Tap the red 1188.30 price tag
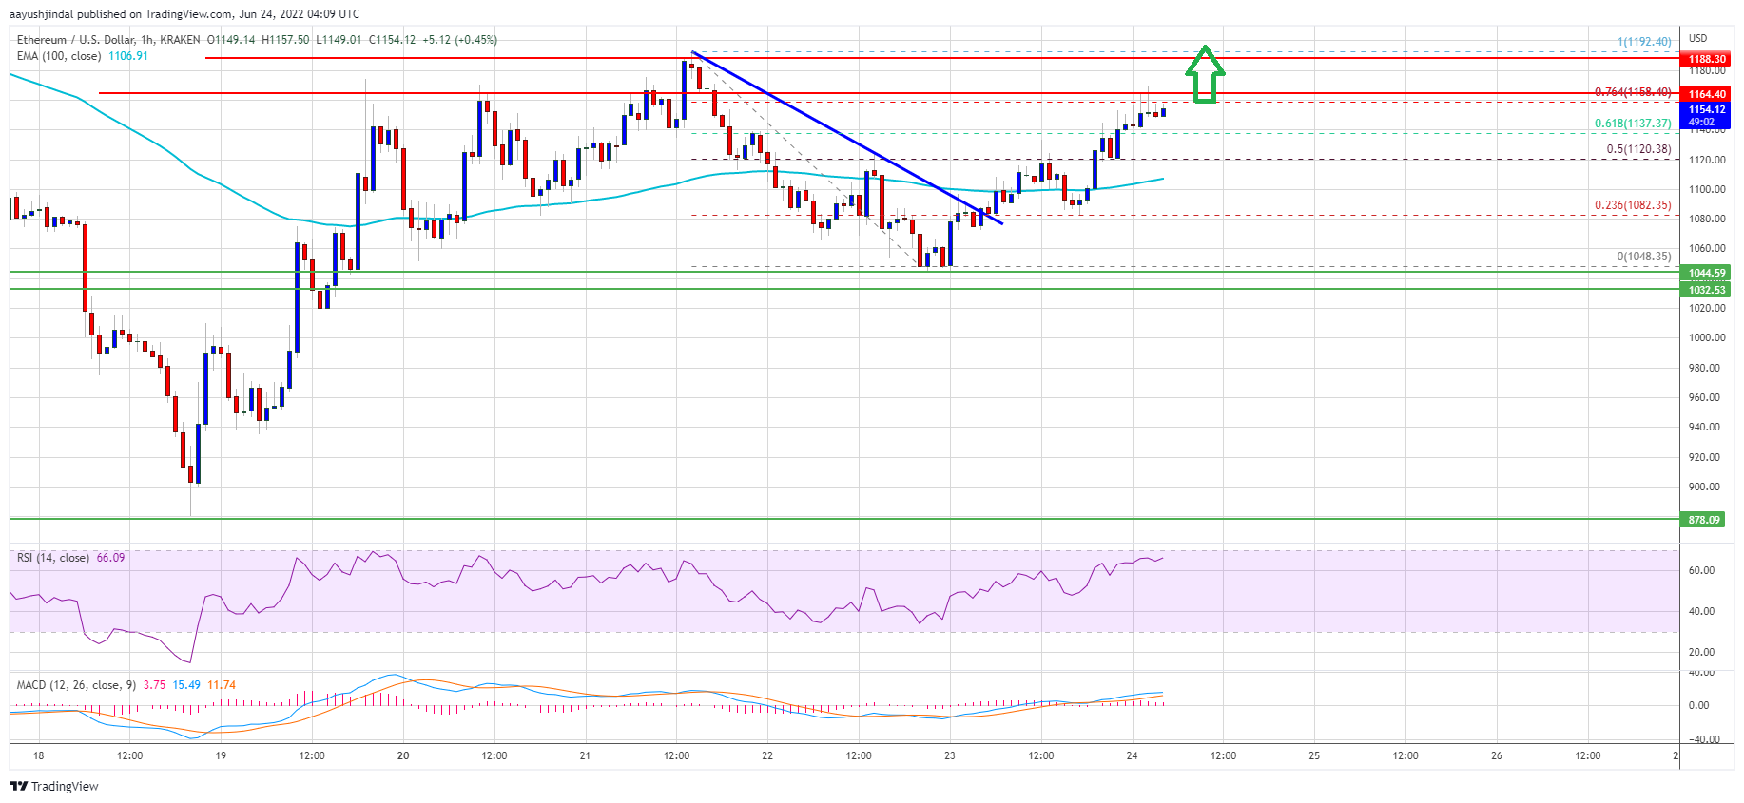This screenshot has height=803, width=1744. pyautogui.click(x=1706, y=59)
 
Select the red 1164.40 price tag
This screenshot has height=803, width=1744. pyautogui.click(x=1706, y=94)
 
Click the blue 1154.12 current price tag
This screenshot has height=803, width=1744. pyautogui.click(x=1706, y=110)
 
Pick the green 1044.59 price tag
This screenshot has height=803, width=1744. pyautogui.click(x=1706, y=273)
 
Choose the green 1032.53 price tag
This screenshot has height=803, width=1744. pyautogui.click(x=1706, y=290)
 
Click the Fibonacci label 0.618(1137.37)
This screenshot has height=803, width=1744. pyautogui.click(x=1632, y=124)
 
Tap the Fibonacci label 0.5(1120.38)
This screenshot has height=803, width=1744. pyautogui.click(x=1637, y=149)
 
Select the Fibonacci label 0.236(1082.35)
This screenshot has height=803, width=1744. pyautogui.click(x=1632, y=205)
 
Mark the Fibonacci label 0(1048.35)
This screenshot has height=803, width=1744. pyautogui.click(x=1643, y=257)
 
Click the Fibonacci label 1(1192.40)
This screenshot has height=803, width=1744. pyautogui.click(x=1643, y=42)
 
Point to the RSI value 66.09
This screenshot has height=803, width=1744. pyautogui.click(x=110, y=558)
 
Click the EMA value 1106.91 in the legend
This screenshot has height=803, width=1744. pyautogui.click(x=127, y=56)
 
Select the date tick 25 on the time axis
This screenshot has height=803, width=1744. pyautogui.click(x=1314, y=756)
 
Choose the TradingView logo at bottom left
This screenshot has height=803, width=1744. pyautogui.click(x=54, y=786)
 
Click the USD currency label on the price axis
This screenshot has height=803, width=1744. pyautogui.click(x=1697, y=39)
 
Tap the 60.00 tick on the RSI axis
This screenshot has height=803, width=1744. pyautogui.click(x=1701, y=570)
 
